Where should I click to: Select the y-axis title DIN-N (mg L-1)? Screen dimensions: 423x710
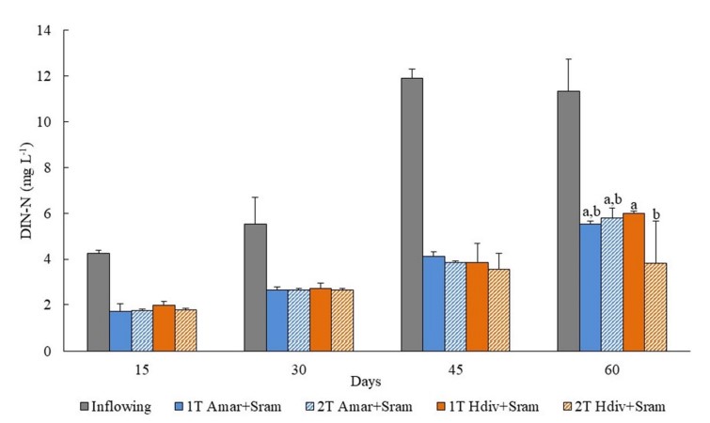[x=22, y=192]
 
